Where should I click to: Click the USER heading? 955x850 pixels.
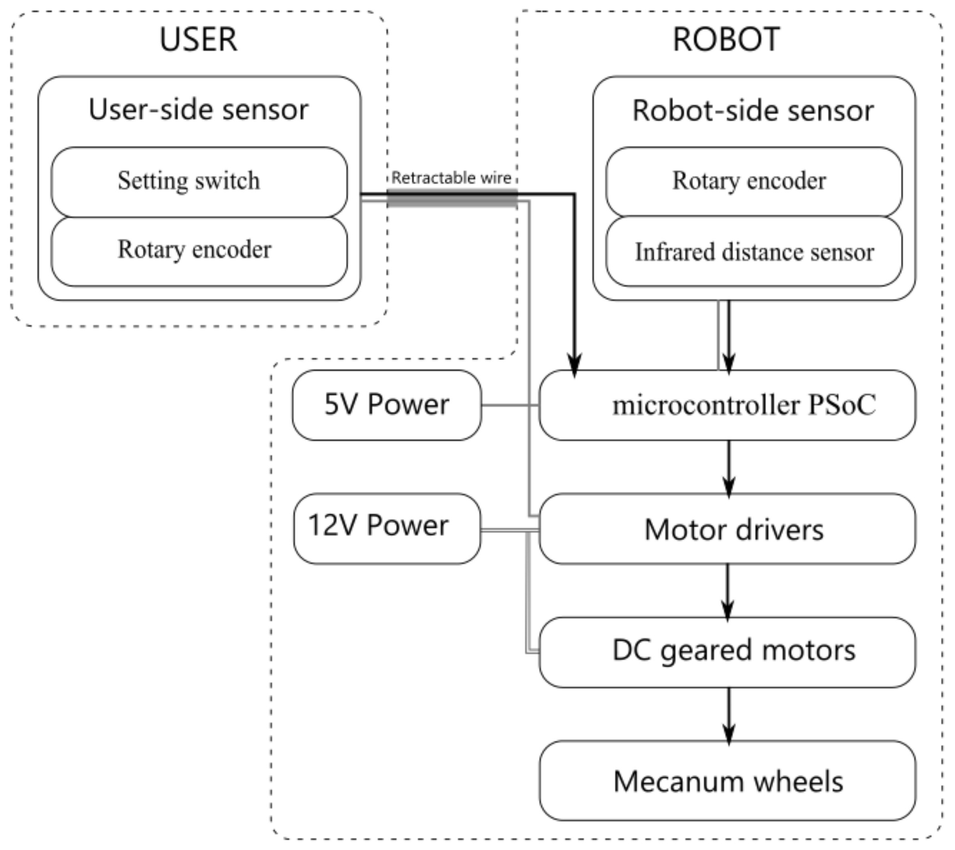198,39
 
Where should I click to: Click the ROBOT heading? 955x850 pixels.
726,39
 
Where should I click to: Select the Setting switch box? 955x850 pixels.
199,181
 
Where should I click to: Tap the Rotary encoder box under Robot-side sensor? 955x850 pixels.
754,181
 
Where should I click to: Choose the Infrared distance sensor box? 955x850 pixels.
754,252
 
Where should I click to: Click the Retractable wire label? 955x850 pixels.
451,178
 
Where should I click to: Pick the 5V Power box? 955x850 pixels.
387,405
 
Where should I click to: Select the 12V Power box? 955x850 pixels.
387,528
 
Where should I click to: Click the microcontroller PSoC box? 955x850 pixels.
727,405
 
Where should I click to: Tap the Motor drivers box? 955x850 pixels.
727,529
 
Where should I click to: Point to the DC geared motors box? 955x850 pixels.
727,652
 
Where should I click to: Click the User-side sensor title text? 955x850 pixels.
198,110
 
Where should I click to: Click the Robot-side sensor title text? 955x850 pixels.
753,111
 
